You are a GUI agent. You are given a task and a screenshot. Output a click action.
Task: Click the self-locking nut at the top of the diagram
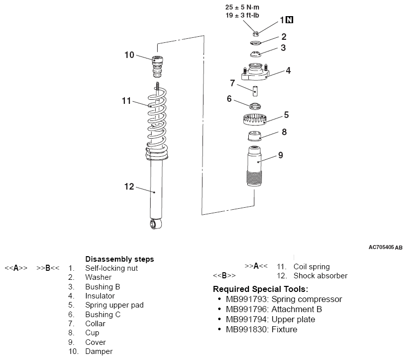tap(256, 33)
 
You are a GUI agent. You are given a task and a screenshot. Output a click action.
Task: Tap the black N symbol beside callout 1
tap(290, 20)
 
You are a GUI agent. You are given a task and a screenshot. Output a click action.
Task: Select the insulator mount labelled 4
tap(255, 72)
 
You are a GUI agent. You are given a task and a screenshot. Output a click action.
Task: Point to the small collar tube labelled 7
tap(255, 91)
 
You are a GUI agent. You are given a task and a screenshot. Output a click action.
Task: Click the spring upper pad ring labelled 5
tap(255, 119)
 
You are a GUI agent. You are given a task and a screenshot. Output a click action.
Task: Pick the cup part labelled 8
tap(254, 136)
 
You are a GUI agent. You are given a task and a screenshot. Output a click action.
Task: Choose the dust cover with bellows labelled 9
tap(254, 166)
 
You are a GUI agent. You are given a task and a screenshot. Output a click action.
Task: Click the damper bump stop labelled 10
tap(157, 67)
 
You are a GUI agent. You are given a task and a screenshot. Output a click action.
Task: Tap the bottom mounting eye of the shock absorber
tap(156, 224)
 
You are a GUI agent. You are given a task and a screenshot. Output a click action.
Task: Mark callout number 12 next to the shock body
tap(129, 187)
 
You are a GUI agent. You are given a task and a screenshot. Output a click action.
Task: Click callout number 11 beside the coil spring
tap(126, 101)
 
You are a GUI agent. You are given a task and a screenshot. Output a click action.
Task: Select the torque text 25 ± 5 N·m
tap(242, 7)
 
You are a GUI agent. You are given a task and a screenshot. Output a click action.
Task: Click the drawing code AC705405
tap(381, 247)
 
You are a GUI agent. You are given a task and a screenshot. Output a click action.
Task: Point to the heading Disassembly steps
tap(120, 259)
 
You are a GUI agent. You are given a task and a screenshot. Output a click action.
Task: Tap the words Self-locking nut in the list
tap(111, 268)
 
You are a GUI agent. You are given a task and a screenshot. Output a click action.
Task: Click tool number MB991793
tap(246, 299)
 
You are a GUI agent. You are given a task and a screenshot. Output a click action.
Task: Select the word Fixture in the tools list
tap(284, 329)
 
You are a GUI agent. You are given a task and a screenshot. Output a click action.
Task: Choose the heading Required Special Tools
tap(260, 289)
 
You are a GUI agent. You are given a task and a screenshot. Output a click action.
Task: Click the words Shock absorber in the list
tap(320, 276)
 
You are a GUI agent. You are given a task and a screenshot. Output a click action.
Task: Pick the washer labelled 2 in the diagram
tap(255, 43)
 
